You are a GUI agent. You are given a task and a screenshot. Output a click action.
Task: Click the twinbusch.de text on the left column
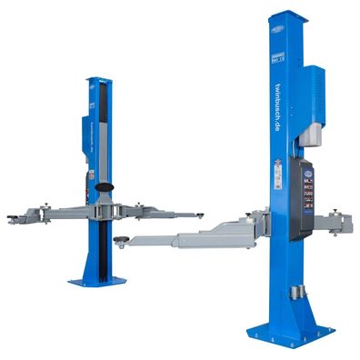coord(94,132)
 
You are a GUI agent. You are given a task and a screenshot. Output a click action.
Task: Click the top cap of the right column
coord(286,15)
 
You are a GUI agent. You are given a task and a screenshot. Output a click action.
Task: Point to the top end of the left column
coord(98,80)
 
